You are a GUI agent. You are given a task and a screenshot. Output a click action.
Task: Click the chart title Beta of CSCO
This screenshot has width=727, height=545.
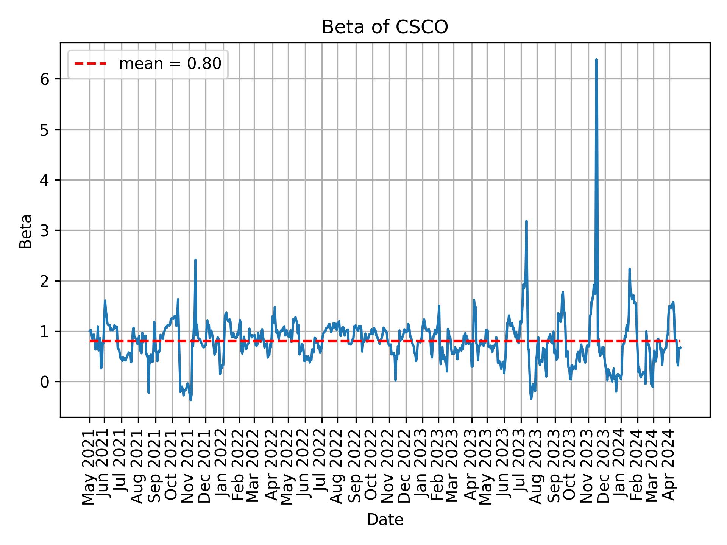[x=385, y=27]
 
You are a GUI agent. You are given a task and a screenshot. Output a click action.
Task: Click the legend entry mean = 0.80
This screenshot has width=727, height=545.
[x=170, y=64]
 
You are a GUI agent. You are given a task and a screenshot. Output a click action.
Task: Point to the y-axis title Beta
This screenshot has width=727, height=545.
[x=26, y=231]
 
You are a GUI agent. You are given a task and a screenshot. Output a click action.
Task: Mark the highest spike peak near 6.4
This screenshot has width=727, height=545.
[x=596, y=59]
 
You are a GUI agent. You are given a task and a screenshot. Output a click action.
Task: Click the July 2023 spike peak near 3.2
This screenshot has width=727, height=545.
[x=526, y=221]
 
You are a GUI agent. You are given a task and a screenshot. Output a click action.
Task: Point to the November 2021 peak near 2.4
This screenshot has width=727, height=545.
[x=195, y=260]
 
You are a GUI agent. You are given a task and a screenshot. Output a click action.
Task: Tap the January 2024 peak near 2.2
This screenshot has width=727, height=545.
[x=629, y=269]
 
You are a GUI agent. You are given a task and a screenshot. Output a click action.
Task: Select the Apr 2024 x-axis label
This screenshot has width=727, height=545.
[x=669, y=469]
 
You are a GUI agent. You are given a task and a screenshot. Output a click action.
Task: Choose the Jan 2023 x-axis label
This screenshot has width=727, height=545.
[x=423, y=469]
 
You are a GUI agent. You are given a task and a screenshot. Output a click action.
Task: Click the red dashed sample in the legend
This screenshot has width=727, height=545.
[x=90, y=64]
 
